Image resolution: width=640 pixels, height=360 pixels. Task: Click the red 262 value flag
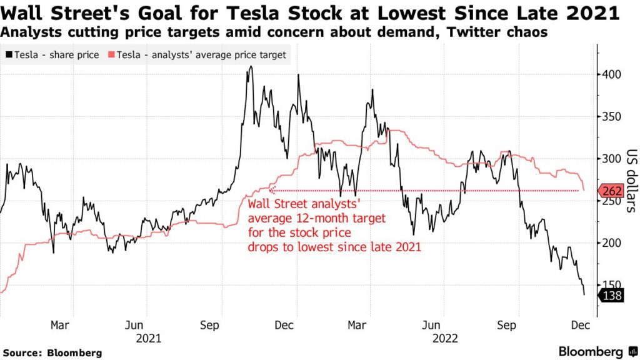(611, 191)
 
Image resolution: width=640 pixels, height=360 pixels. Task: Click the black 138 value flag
(611, 296)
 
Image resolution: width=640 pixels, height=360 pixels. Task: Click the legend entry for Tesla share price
(52, 55)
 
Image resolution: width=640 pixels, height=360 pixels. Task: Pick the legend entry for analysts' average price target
(197, 55)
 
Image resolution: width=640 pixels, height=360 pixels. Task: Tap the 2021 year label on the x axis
(148, 338)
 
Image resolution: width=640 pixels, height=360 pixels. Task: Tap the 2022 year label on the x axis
(444, 338)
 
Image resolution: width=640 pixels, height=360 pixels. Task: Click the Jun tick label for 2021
(134, 325)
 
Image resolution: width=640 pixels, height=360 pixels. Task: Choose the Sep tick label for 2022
(506, 325)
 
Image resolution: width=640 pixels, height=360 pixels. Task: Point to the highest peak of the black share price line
(251, 66)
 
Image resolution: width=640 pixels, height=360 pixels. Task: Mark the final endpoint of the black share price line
(584, 295)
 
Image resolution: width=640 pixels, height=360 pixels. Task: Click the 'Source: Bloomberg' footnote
(51, 352)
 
